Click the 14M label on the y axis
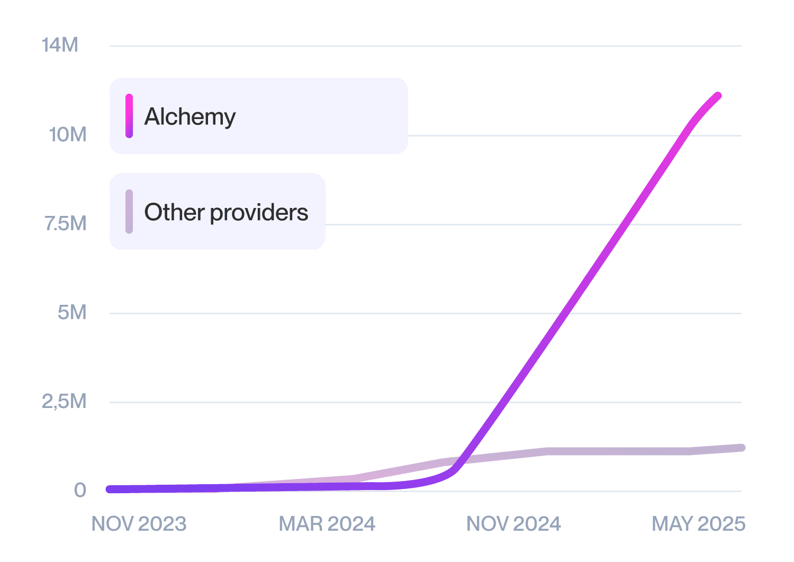point(60,46)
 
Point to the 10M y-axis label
point(67,135)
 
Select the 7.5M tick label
point(65,224)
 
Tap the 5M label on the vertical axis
point(72,313)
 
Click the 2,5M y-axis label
point(64,402)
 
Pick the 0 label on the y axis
point(80,490)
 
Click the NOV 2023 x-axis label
point(139,524)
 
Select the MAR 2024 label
point(327,524)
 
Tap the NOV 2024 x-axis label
point(513,524)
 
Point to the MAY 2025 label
point(698,524)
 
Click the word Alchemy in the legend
point(190,116)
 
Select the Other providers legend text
point(226,212)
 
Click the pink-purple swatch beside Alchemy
point(129,116)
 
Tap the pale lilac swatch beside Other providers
point(129,212)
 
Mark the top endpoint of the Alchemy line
point(718,96)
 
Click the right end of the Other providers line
point(742,448)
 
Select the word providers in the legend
point(259,212)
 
